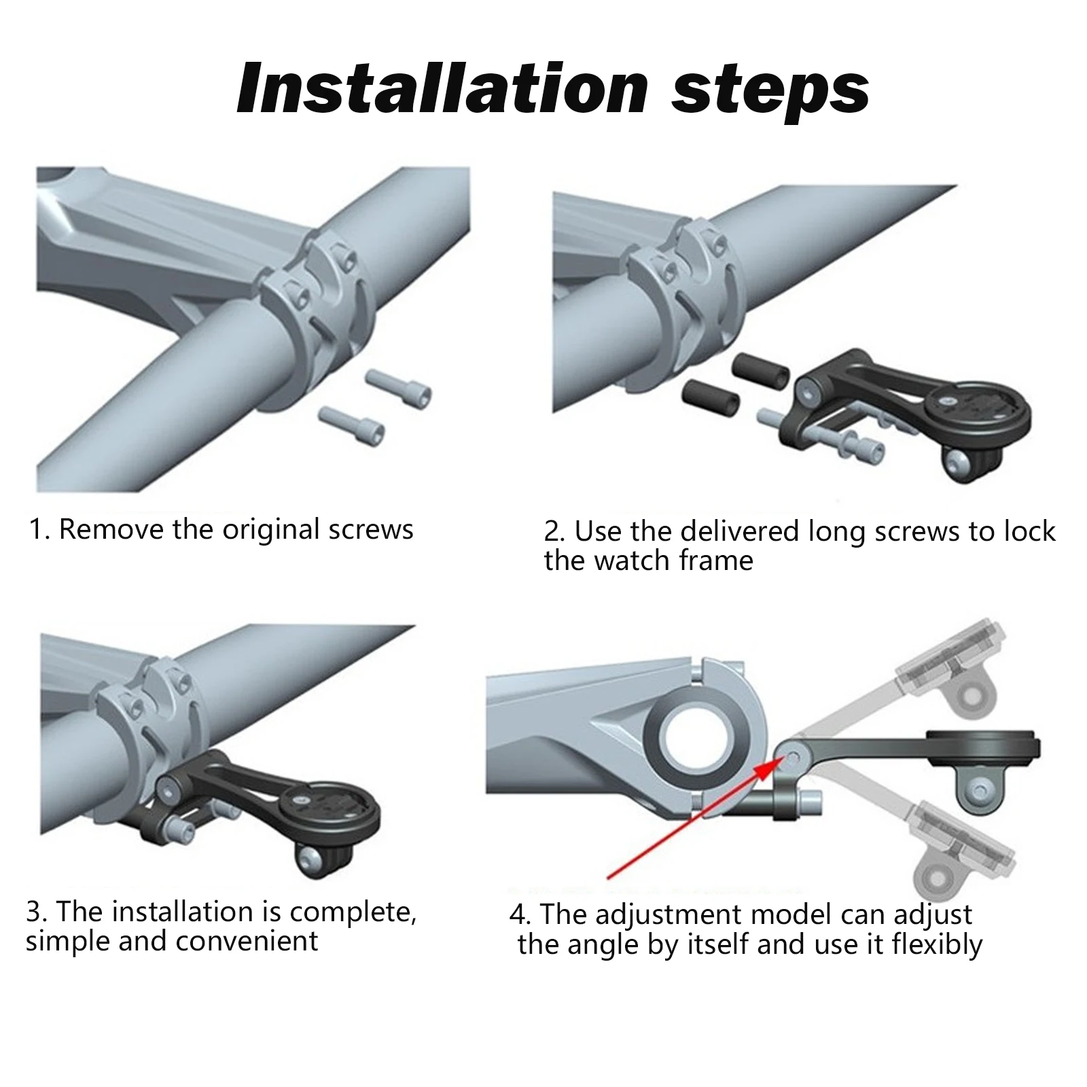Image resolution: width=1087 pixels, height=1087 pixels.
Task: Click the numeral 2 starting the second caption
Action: (x=550, y=532)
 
